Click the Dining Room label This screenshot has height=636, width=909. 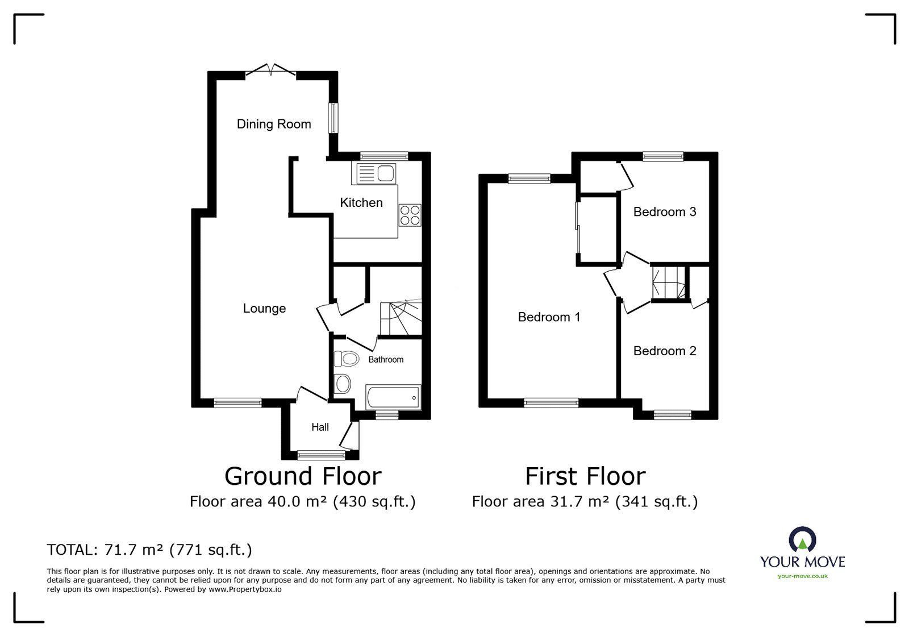point(274,124)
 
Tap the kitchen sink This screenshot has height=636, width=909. point(374,174)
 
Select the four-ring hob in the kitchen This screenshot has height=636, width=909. point(410,215)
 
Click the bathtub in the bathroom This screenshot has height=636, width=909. point(393,397)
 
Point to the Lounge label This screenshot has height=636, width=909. point(264,309)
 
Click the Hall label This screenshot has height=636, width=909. point(320,427)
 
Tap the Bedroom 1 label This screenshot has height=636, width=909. point(549,317)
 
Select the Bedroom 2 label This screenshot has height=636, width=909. point(665,351)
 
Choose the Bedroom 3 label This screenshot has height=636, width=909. point(665,211)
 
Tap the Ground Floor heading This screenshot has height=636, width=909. point(303,476)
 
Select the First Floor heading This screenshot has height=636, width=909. point(585,476)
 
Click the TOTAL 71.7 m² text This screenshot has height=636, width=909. point(149,550)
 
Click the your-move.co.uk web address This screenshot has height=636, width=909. point(803,576)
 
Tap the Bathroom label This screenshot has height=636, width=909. point(386,360)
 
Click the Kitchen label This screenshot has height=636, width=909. point(361,202)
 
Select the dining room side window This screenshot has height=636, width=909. point(333,118)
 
